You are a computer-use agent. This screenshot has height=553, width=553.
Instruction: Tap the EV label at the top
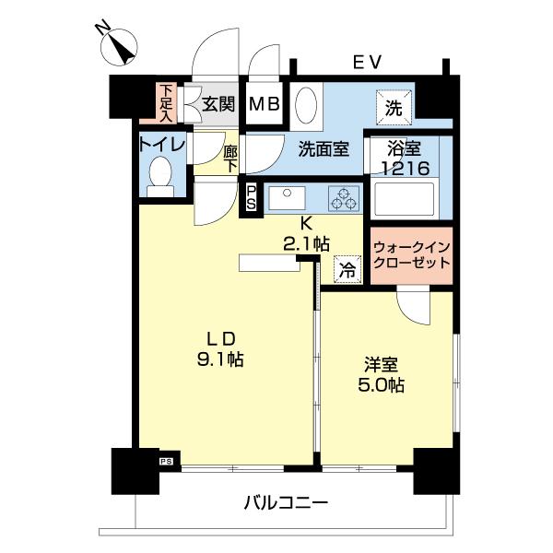(x=367, y=62)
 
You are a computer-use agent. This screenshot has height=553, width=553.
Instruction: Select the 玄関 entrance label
(x=219, y=104)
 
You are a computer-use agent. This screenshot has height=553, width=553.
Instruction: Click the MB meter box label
(x=265, y=104)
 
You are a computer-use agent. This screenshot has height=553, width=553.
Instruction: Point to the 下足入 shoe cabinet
(x=165, y=103)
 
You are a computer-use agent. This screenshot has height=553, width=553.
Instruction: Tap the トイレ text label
(x=162, y=144)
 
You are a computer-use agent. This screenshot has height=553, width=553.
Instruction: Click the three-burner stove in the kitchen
(x=345, y=196)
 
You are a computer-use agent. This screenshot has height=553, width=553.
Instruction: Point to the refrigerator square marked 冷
(x=347, y=269)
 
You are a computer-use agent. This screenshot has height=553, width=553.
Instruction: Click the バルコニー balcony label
(x=286, y=503)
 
